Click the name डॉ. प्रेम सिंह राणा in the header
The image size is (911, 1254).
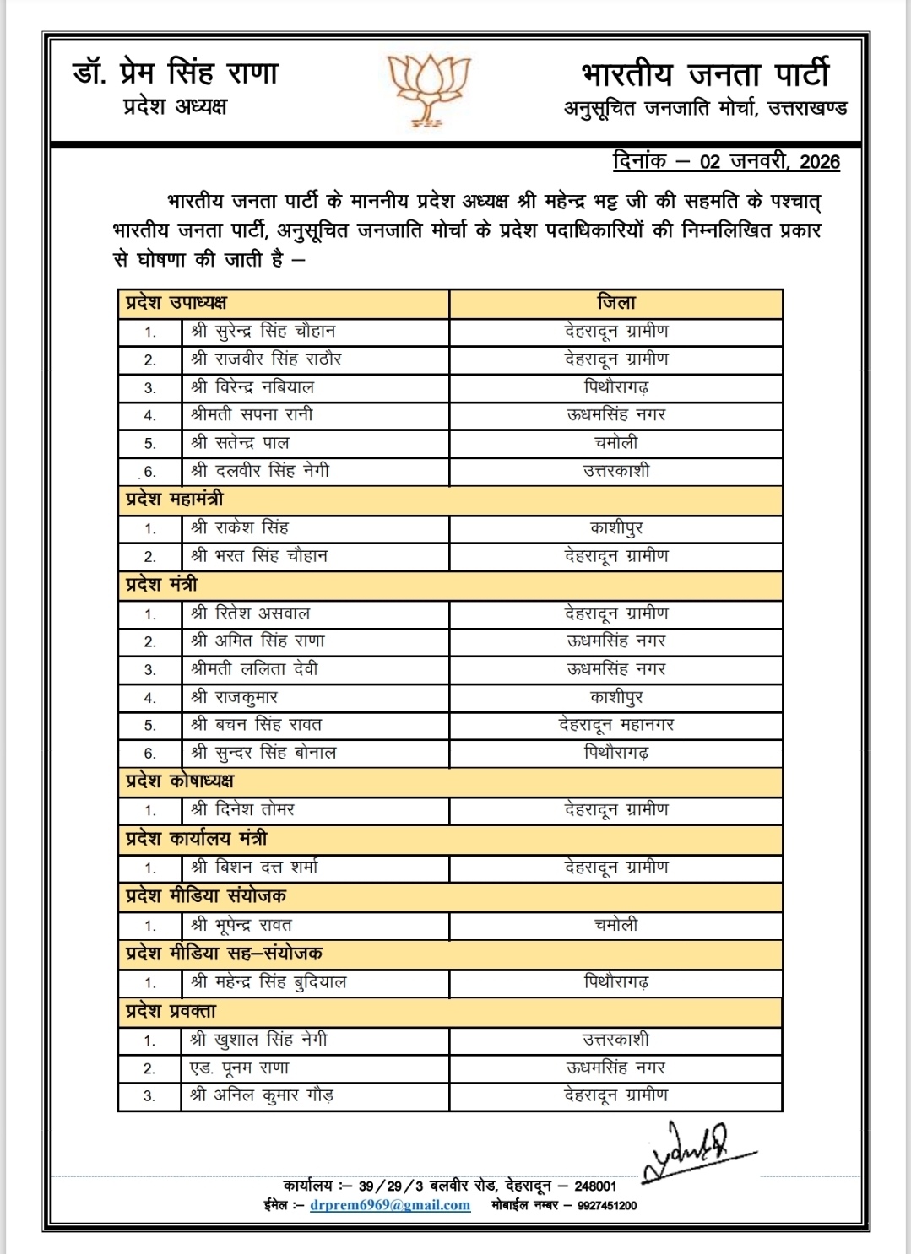(x=176, y=73)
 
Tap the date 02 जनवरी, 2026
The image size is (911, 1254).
(x=769, y=162)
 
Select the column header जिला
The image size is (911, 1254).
(x=616, y=303)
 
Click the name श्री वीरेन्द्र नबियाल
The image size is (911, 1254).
(x=252, y=387)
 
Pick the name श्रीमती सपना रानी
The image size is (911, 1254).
(x=252, y=414)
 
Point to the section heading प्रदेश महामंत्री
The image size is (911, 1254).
(x=175, y=500)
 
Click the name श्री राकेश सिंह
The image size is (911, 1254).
(x=240, y=528)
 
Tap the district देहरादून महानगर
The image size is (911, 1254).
(x=616, y=725)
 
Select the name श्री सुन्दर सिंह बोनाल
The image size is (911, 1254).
(x=263, y=753)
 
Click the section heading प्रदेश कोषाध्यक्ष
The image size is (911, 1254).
(x=180, y=781)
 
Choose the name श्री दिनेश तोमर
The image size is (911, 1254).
(x=242, y=810)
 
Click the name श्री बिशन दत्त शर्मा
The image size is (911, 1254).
(x=254, y=868)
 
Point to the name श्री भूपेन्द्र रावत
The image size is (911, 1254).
(x=241, y=925)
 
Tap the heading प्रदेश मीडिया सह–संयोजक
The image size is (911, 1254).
(x=224, y=954)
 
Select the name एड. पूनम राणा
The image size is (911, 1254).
(x=240, y=1068)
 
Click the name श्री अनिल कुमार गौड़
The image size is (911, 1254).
(x=262, y=1095)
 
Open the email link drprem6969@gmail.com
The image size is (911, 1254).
(x=389, y=1205)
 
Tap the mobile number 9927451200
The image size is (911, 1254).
(x=607, y=1206)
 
